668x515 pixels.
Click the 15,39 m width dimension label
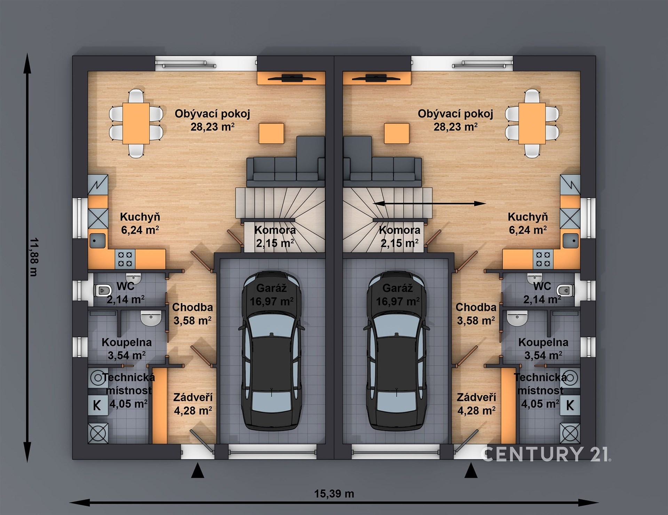click(x=334, y=493)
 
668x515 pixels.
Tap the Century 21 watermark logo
click(x=546, y=454)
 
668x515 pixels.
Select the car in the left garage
click(x=271, y=351)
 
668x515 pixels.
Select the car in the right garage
click(x=397, y=351)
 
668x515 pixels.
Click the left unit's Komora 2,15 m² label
click(x=275, y=236)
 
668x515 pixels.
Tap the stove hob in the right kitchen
click(x=543, y=259)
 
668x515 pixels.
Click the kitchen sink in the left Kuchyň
click(x=97, y=240)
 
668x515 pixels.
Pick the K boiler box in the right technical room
click(x=570, y=405)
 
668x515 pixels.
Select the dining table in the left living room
click(x=136, y=123)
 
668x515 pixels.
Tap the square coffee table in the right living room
click(x=396, y=133)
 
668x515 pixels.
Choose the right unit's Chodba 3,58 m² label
click(x=476, y=314)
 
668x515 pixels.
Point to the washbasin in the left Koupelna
click(x=151, y=317)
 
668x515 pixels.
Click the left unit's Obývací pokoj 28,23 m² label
click(x=212, y=120)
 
